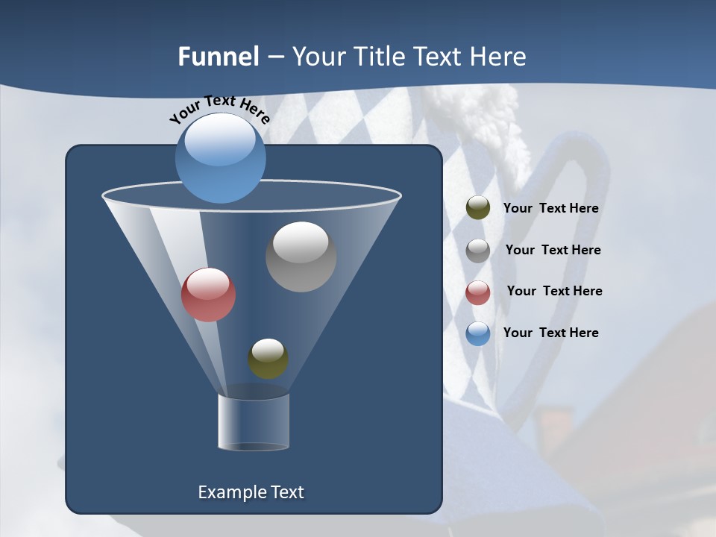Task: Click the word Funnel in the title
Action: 219,57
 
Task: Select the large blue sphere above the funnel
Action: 220,159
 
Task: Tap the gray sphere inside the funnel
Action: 301,257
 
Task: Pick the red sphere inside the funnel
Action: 208,295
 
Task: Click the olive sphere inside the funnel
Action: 268,359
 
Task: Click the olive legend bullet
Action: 477,208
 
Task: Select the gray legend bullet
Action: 477,250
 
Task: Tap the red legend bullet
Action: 477,292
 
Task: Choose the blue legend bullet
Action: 477,333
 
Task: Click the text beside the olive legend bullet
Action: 550,208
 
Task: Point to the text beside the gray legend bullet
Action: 553,250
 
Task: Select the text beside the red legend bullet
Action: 554,291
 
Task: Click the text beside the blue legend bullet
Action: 550,333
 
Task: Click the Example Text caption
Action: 251,492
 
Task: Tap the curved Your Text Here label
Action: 219,108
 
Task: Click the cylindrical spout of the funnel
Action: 253,422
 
